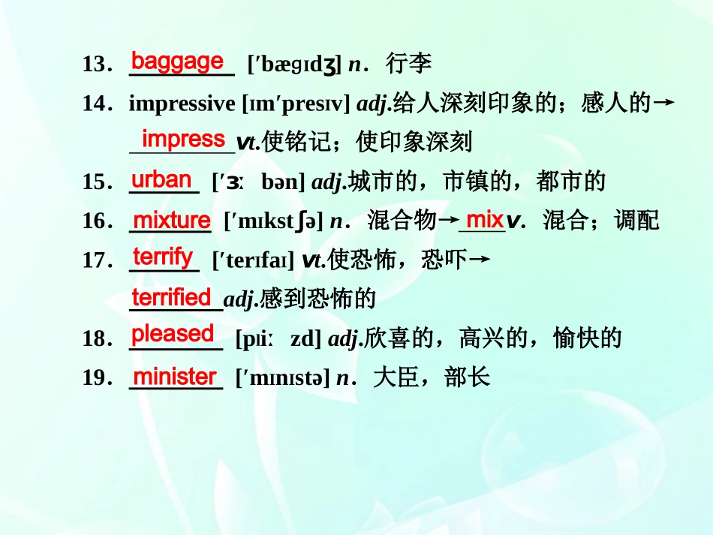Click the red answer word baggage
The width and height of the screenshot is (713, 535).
(177, 62)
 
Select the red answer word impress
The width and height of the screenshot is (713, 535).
(183, 139)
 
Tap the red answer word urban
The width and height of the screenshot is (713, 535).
(161, 179)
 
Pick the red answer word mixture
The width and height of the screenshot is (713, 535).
(171, 220)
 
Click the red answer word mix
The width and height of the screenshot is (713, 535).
(484, 220)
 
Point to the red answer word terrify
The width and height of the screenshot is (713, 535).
(163, 257)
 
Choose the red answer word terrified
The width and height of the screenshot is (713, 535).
(171, 298)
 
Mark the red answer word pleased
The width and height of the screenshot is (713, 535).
(173, 334)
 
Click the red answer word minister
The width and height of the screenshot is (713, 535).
(174, 377)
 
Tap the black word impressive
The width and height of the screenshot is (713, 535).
(182, 104)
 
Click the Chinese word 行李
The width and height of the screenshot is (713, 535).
(409, 65)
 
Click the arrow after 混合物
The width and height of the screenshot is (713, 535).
(448, 221)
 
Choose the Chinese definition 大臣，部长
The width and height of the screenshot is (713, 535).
(432, 377)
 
